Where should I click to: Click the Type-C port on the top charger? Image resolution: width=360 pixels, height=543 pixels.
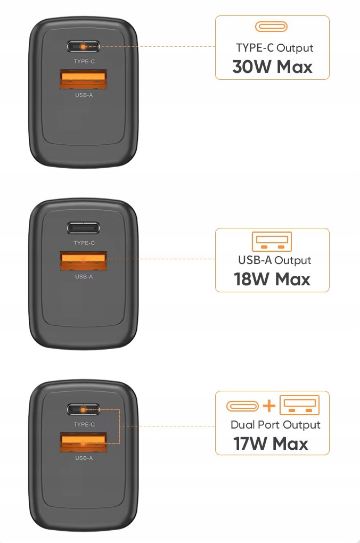83,46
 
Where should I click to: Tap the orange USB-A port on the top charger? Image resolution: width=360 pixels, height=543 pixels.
83,79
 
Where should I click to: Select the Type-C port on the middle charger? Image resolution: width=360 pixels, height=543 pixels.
83,228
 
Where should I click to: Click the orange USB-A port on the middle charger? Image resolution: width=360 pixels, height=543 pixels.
83,261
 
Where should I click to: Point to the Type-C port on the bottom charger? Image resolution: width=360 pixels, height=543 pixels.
83,410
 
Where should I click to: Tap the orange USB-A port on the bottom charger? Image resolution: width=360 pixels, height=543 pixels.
83,442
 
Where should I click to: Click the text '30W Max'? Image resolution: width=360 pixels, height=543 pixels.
272,67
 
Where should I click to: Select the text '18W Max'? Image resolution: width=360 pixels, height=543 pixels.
272,279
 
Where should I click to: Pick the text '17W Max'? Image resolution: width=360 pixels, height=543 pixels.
271,443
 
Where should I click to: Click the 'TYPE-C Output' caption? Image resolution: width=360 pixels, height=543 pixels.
274,48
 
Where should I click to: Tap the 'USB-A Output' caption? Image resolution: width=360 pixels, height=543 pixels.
274,260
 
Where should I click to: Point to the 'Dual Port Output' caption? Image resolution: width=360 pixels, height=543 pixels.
275,425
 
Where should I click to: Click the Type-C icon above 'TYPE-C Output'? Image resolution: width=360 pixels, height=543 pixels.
271,27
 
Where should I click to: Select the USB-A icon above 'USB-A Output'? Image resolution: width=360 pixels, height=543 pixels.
272,241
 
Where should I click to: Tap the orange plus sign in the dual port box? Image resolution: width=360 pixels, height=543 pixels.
269,406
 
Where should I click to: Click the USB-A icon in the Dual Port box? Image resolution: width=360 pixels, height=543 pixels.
299,405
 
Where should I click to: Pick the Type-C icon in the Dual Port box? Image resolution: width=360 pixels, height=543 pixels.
242,406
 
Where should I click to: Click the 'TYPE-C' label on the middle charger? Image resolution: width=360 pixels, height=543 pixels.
84,243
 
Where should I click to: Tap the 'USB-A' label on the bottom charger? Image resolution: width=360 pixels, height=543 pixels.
84,458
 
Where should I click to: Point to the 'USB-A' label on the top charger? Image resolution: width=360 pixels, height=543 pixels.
84,95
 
